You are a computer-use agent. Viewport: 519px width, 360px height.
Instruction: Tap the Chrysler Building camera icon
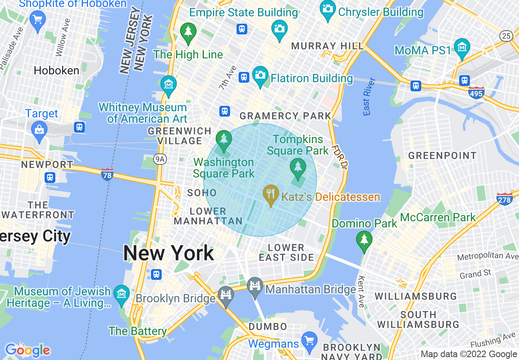pyautogui.click(x=328, y=9)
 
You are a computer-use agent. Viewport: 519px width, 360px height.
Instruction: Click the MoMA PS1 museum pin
pyautogui.click(x=462, y=47)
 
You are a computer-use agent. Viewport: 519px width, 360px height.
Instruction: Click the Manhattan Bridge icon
pyautogui.click(x=255, y=284)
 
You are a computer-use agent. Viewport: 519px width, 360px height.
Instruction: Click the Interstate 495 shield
pyautogui.click(x=476, y=92)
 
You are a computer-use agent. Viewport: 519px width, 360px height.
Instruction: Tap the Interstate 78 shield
pyautogui.click(x=107, y=175)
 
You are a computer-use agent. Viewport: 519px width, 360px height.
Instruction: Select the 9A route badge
pyautogui.click(x=160, y=160)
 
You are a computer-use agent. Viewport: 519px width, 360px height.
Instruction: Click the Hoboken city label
pyautogui.click(x=56, y=70)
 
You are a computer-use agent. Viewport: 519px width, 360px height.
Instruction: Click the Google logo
pyautogui.click(x=27, y=350)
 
